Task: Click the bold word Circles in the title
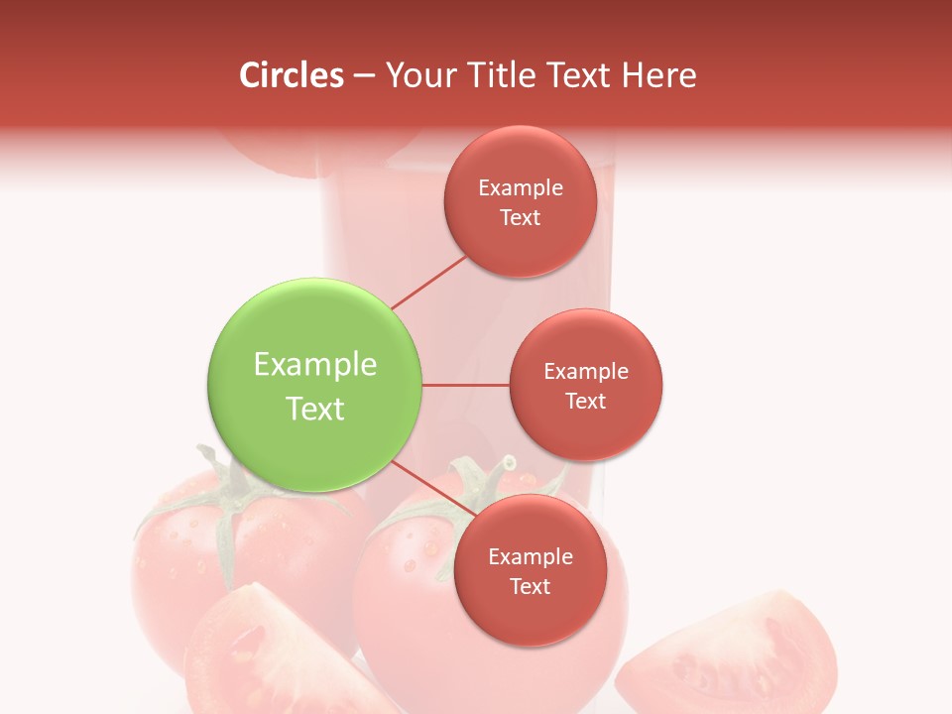pos(292,75)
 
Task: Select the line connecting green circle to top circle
pos(429,281)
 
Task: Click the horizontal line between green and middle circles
pos(465,384)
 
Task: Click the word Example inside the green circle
pos(315,365)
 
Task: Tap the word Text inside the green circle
pos(315,409)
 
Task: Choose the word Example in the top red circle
pos(521,187)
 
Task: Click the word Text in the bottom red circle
pos(530,586)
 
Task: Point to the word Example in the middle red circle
pos(586,371)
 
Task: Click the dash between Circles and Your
pos(363,76)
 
